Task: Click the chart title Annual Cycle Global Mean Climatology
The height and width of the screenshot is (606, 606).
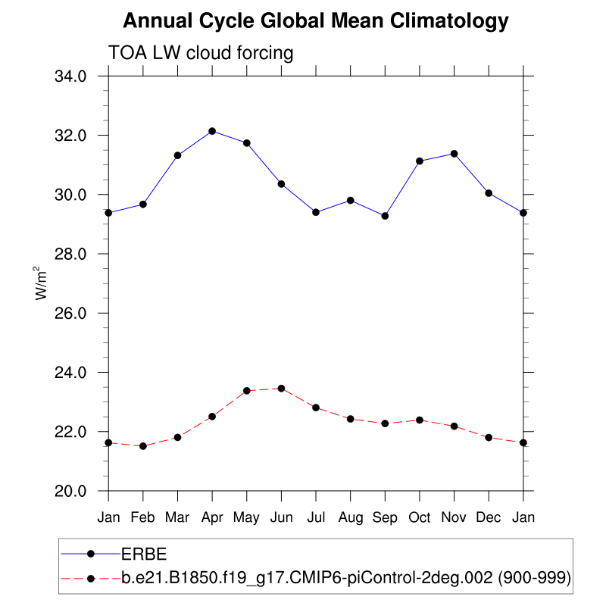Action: click(x=315, y=21)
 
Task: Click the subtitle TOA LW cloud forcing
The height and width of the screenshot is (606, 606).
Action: click(x=201, y=53)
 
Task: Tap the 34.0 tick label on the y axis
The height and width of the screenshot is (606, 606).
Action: click(x=75, y=77)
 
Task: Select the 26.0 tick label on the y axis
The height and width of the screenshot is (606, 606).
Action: click(x=75, y=314)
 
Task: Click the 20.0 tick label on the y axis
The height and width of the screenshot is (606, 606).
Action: click(x=75, y=491)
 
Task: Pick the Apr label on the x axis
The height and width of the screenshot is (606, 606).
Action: click(x=212, y=518)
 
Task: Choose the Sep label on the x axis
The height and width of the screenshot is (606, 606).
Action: click(x=385, y=518)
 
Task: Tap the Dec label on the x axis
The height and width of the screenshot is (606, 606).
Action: click(x=489, y=518)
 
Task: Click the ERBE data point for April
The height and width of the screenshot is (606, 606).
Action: click(x=212, y=131)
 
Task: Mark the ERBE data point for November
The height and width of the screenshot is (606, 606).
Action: click(x=454, y=154)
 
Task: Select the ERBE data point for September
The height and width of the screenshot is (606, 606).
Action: click(x=385, y=216)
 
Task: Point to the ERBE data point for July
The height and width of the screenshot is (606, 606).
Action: click(x=316, y=212)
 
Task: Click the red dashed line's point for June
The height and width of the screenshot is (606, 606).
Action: click(x=281, y=389)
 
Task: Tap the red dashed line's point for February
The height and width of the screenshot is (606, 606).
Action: click(x=143, y=446)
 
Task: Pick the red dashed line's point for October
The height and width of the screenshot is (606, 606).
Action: click(x=420, y=420)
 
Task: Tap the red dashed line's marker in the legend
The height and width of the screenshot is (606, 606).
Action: click(x=91, y=579)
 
